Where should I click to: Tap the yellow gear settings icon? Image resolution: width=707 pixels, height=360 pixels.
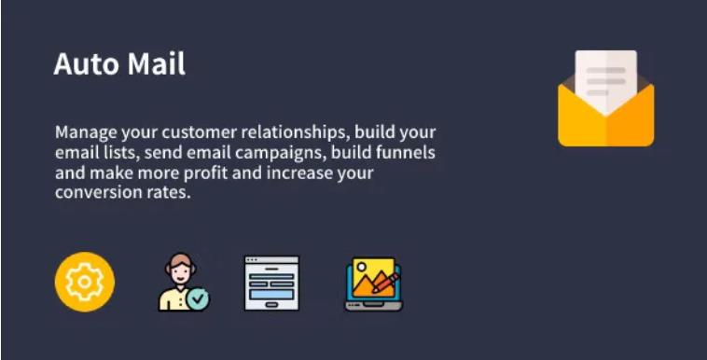tap(85, 282)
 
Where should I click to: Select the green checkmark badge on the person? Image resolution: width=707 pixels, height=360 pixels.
tap(198, 299)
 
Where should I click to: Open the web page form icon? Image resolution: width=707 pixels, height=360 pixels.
tap(271, 283)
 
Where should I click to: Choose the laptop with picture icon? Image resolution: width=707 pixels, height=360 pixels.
tap(373, 284)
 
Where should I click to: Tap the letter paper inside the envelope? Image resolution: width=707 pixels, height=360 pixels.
tap(605, 79)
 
